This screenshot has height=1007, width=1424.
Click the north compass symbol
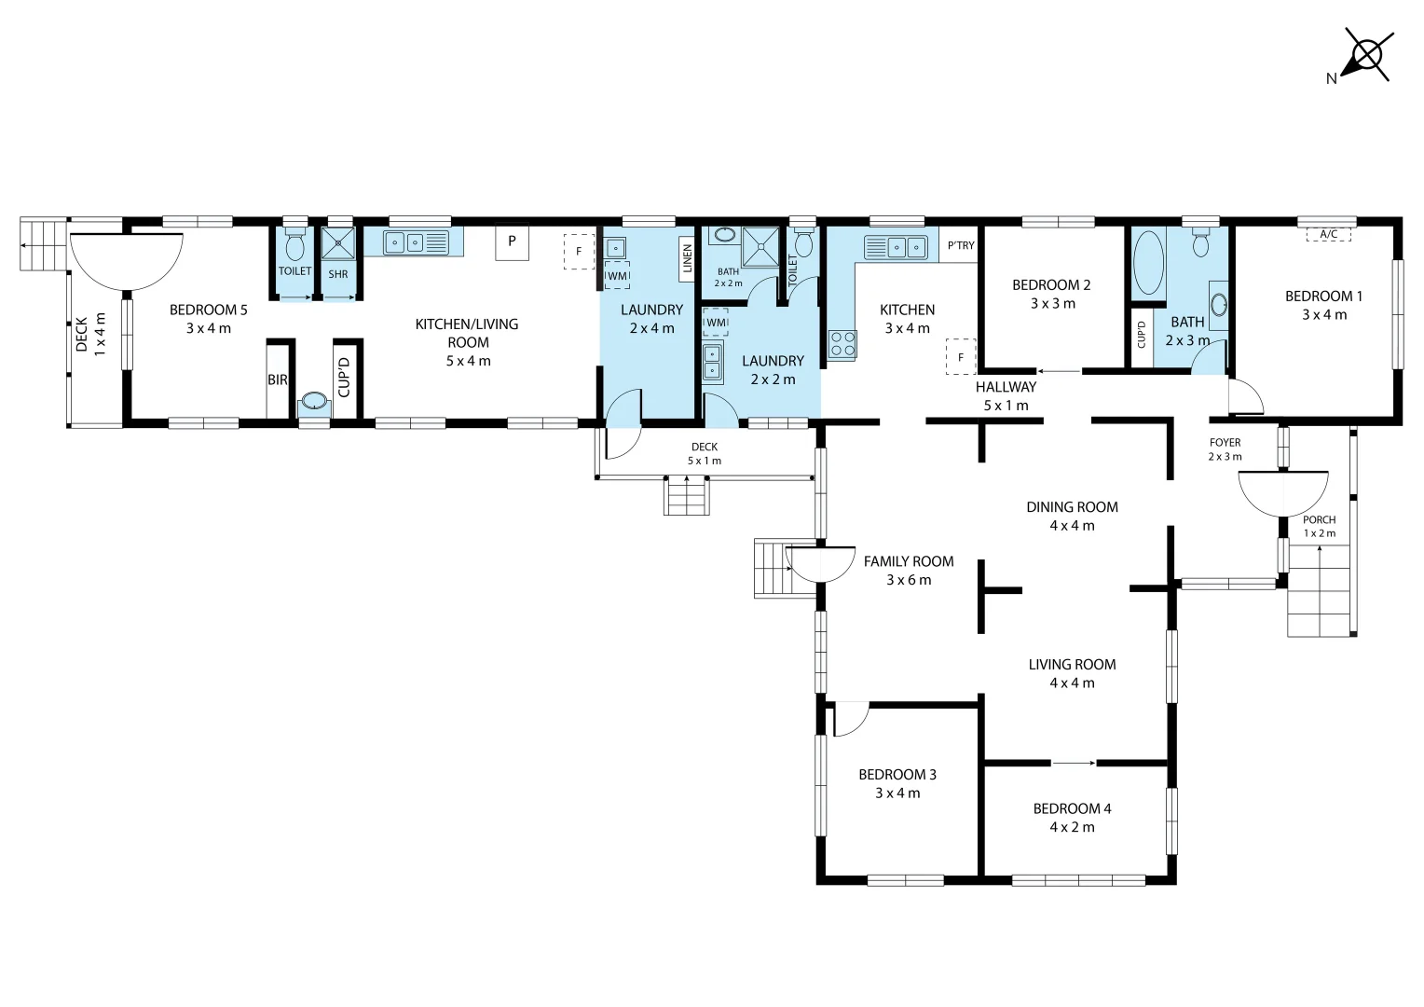coord(1366,55)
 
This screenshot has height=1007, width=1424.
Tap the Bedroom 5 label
coord(209,310)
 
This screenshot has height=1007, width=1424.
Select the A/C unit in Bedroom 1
coord(1328,234)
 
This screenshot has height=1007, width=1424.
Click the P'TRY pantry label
coord(960,246)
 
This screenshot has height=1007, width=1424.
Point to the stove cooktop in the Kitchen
coord(842,344)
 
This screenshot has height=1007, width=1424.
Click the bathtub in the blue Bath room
coord(1148,263)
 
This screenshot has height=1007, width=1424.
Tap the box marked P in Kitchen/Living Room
coord(512,241)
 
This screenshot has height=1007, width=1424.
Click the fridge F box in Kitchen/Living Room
coord(579,252)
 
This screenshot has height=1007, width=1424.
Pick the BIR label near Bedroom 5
coord(278,380)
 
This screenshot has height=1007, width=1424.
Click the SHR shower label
coord(338,274)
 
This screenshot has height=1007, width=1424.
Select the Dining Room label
coord(1072,507)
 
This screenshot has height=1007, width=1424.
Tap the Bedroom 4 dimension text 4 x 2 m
coord(1072,827)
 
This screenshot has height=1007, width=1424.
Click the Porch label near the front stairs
coord(1319,520)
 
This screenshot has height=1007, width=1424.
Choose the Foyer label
coord(1225,443)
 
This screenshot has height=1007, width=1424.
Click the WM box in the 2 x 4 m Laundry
coord(617,276)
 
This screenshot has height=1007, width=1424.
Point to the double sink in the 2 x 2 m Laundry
coord(713,362)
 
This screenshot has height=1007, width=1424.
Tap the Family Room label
coord(908,561)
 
